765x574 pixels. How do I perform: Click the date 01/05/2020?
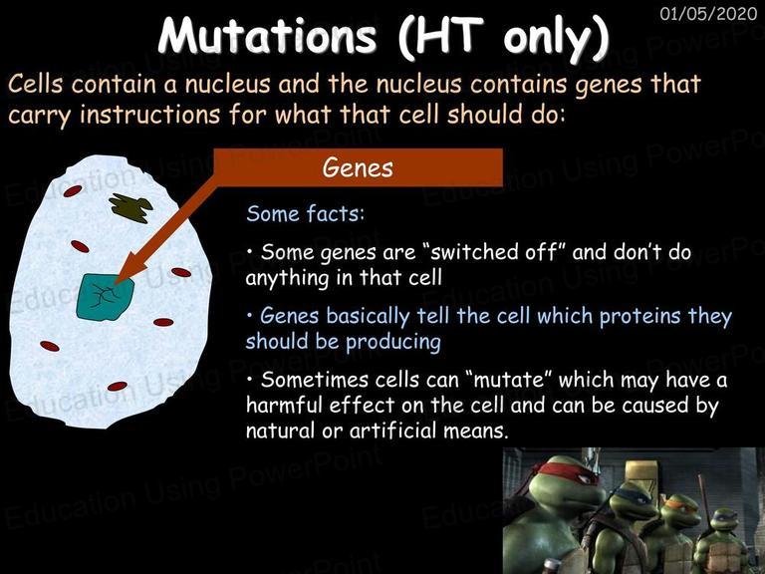click(x=708, y=13)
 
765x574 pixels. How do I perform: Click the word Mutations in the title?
click(x=267, y=36)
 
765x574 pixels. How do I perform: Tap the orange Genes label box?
click(x=359, y=167)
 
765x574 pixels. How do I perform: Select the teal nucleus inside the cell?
click(x=105, y=297)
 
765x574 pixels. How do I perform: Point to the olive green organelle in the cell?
click(x=130, y=207)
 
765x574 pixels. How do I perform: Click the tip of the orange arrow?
click(x=116, y=284)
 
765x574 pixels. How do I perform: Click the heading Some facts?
click(x=306, y=214)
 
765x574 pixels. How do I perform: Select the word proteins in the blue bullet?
click(x=640, y=316)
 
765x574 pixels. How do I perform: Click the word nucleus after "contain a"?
click(x=227, y=84)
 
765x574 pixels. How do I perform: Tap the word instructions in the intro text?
click(x=150, y=115)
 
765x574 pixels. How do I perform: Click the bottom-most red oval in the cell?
click(x=118, y=387)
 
